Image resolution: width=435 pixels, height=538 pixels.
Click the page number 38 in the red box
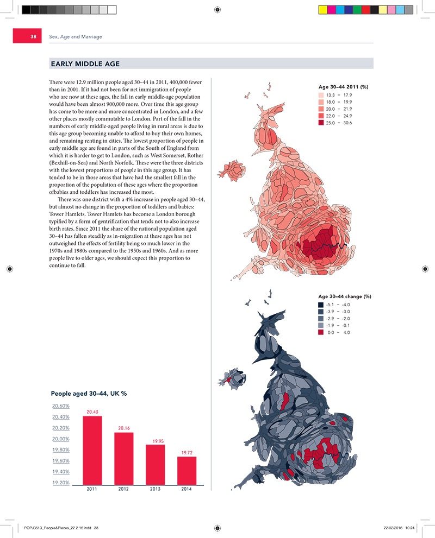point(33,36)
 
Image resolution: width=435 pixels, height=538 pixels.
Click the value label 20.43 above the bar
point(92,412)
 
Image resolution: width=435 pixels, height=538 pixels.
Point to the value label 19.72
point(187,452)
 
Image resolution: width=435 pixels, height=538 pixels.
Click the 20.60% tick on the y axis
point(60,406)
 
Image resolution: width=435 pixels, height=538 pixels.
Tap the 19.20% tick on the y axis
point(60,483)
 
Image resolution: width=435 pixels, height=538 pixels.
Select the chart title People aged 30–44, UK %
point(89,393)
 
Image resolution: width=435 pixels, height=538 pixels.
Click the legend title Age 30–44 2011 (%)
point(343,87)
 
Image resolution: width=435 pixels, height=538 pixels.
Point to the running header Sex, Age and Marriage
point(76,36)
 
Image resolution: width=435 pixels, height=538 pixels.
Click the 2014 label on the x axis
point(187,489)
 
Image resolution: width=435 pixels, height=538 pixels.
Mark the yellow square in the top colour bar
point(322,9)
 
